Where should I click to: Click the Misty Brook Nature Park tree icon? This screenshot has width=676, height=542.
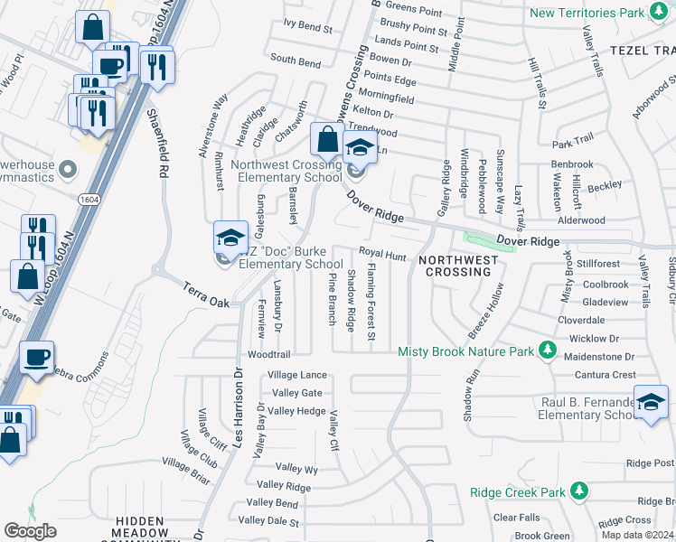point(546,350)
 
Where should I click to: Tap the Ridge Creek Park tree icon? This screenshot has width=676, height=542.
point(579,492)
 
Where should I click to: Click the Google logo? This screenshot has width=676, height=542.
point(31,531)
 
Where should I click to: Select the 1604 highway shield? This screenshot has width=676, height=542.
point(88,199)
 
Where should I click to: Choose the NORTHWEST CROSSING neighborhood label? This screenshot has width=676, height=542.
point(457,266)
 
